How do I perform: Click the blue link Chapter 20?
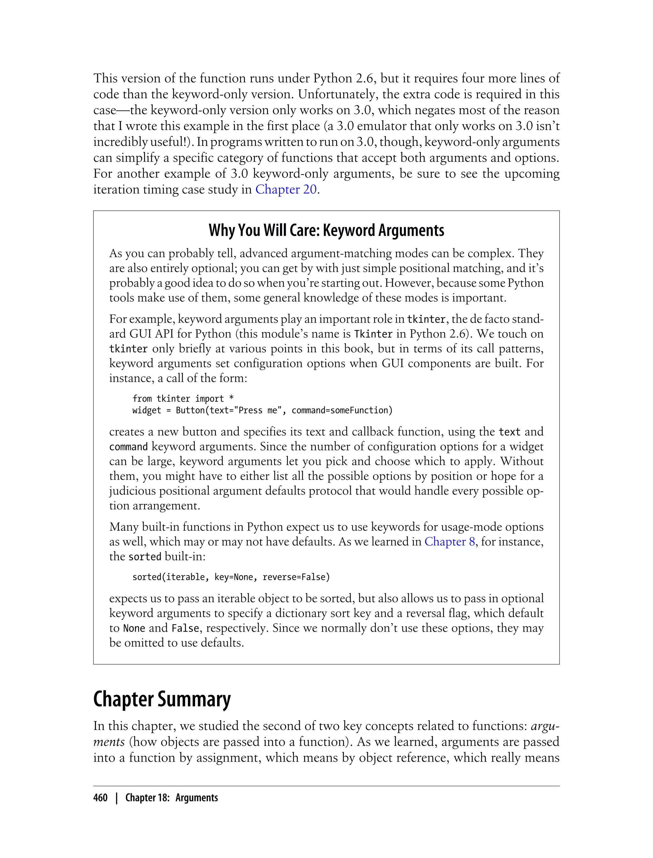click(x=286, y=190)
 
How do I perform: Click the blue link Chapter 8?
click(x=449, y=542)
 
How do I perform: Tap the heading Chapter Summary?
click(x=162, y=699)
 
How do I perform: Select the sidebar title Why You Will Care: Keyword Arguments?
click(x=326, y=230)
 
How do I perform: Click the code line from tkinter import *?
click(x=183, y=398)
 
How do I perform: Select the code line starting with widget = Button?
click(x=262, y=410)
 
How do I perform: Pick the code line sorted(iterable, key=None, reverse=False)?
click(x=231, y=577)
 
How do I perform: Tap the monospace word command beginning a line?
click(x=128, y=447)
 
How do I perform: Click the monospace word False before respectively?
click(x=185, y=628)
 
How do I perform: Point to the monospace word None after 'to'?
click(x=134, y=628)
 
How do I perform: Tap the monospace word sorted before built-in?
click(x=144, y=557)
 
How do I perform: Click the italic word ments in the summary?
click(x=109, y=742)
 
